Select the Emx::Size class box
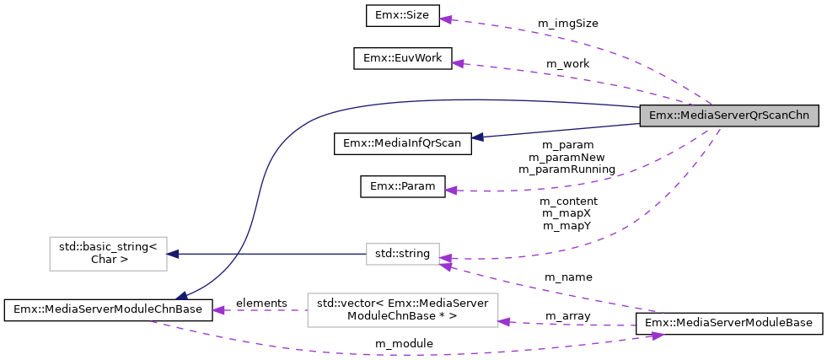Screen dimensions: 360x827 [x=400, y=15]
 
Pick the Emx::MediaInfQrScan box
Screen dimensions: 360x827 [x=402, y=143]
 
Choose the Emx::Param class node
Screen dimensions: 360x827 [x=402, y=186]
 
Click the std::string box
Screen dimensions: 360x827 [x=402, y=253]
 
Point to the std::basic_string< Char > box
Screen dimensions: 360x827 [x=108, y=253]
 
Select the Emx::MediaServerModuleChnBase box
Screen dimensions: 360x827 [x=107, y=309]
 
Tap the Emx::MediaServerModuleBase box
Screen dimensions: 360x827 [x=728, y=324]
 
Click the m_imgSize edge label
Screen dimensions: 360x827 [x=567, y=24]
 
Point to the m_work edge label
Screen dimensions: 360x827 [x=567, y=64]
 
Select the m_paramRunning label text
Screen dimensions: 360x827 [x=567, y=169]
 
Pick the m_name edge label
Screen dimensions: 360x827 [x=567, y=277]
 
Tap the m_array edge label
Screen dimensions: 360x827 [x=567, y=315]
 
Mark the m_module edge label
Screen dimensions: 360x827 [x=404, y=343]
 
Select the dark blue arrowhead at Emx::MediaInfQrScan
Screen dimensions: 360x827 [x=477, y=137]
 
